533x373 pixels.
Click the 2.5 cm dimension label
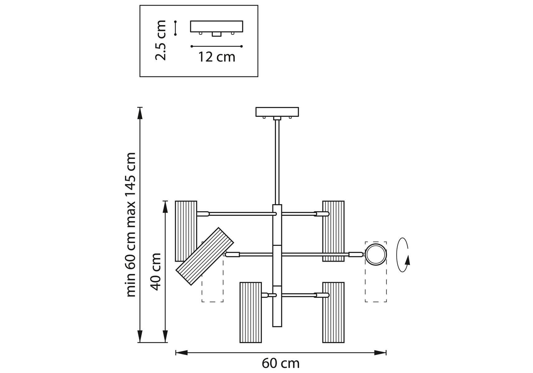point(161,40)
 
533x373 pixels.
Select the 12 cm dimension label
point(217,57)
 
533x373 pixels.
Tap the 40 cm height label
point(156,271)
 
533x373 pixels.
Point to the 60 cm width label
point(280,363)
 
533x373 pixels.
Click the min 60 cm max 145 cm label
point(131,224)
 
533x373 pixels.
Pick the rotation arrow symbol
point(403,255)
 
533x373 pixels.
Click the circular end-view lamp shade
point(376,255)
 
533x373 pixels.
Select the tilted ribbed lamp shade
point(205,256)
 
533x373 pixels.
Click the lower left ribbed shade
point(250,312)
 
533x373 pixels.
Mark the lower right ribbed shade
point(333,312)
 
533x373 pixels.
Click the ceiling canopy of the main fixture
point(277,112)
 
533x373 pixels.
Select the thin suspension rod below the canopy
point(277,162)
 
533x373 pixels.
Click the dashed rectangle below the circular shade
point(376,284)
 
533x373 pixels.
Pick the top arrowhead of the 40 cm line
point(166,207)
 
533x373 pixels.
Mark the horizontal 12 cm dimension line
point(217,46)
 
